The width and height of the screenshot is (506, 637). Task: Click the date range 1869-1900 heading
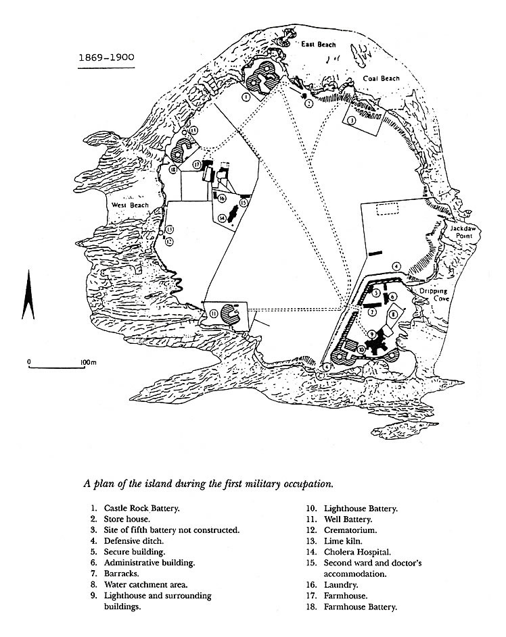105,58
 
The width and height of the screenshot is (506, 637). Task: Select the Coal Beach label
381,78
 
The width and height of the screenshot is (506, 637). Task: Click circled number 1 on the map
246,97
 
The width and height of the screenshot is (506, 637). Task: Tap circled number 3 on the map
352,120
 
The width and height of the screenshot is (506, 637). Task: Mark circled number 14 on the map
221,218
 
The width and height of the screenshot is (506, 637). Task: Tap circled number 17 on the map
196,164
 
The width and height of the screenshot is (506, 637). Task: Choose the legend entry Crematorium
349,529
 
